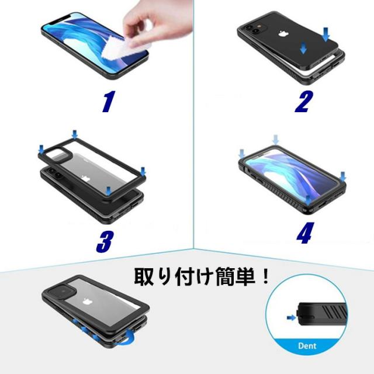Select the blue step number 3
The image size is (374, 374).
pos(104,242)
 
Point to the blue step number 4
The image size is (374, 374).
pos(305,233)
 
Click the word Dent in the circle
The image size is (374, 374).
pos(307,346)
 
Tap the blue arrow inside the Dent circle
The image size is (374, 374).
pos(291,317)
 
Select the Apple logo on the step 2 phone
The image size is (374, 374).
pos(283,34)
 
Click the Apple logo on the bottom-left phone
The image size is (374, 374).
pos(88,302)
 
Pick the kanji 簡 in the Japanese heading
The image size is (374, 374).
pos(225,277)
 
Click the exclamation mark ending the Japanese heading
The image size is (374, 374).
pos(265,276)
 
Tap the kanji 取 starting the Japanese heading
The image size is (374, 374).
pos(144,277)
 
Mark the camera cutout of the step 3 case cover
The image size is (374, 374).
pos(58,154)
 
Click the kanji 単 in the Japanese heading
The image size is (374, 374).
pos(245,277)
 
